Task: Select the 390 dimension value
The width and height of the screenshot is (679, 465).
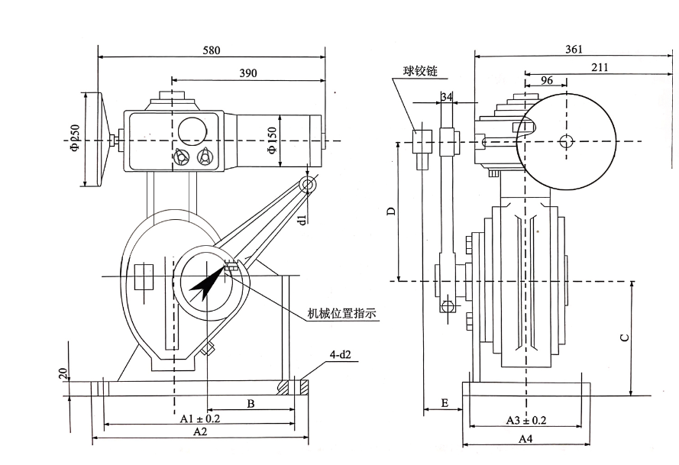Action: coord(247,73)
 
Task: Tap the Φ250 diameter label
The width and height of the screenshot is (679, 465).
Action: coord(75,137)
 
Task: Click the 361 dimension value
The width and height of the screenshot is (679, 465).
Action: coord(574,49)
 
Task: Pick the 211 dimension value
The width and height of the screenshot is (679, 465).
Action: coord(600,67)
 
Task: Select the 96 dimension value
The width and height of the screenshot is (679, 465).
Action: coord(546,80)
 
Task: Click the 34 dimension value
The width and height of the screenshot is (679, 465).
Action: coord(447,96)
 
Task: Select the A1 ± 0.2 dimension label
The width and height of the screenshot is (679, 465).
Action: coord(199,419)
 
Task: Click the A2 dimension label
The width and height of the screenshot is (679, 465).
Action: coord(200,432)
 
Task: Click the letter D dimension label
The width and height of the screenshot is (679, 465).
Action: coord(390,211)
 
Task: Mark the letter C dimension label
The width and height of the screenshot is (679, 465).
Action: coord(624,337)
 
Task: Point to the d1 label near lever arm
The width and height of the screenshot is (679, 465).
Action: coord(302,219)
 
